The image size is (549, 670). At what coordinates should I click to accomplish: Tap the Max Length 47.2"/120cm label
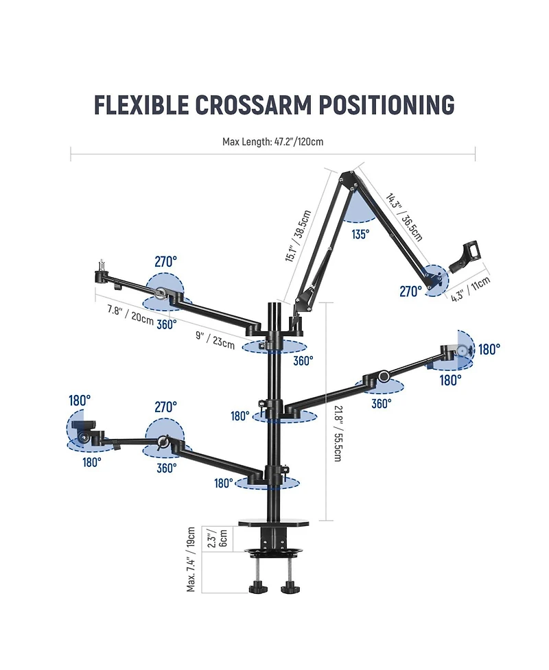pos(273,141)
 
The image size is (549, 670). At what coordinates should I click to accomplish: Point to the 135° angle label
pos(360,234)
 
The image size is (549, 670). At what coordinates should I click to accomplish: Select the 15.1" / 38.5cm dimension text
pos(298,235)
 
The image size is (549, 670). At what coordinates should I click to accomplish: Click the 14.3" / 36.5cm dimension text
pos(404,217)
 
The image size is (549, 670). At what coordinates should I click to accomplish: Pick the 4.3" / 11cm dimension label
pos(470,289)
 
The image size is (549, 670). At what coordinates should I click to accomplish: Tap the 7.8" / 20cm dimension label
pos(130,315)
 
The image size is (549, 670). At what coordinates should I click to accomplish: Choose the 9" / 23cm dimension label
pos(215,339)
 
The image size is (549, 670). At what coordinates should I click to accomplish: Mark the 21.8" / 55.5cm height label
pos(338,433)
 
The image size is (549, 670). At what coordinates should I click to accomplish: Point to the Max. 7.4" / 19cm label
pos(191,559)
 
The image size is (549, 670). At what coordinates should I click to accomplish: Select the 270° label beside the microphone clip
pos(410,291)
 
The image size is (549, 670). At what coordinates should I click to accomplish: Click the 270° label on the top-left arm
pos(166,261)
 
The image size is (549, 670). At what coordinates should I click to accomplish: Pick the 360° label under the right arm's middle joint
pos(382,403)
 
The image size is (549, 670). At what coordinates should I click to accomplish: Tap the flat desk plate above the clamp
pos(273,523)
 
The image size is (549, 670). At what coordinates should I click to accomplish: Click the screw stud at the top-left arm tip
pos(102,264)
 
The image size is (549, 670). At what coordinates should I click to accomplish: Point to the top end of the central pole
pos(274,303)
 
